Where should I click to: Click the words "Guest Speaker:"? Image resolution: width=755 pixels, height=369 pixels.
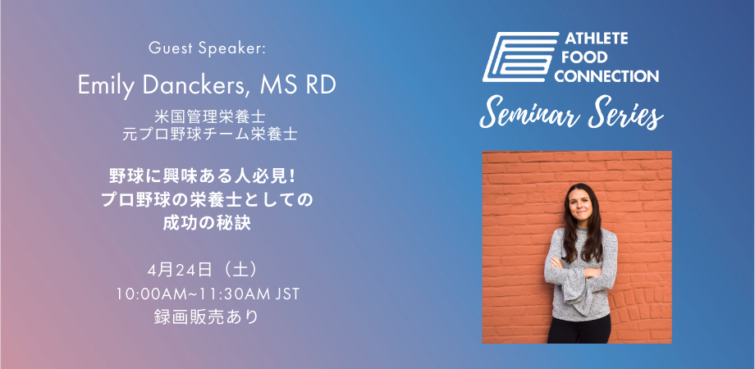pos(207,48)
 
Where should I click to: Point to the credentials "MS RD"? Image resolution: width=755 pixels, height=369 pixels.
pos(298,84)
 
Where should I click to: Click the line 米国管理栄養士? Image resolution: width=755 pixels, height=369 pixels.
pos(210,116)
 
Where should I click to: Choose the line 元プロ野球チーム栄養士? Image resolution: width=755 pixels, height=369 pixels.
pos(210,134)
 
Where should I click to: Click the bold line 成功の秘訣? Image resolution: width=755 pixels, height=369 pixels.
pos(207,224)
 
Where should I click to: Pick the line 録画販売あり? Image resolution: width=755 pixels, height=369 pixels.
pos(207,317)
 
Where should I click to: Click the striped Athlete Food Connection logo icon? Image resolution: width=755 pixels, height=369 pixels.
pos(520,57)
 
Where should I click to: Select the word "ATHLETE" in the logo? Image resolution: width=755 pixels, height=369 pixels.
pos(596,39)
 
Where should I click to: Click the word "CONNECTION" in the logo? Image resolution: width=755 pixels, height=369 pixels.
pos(611,76)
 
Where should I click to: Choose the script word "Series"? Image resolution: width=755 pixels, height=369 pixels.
pos(625,113)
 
